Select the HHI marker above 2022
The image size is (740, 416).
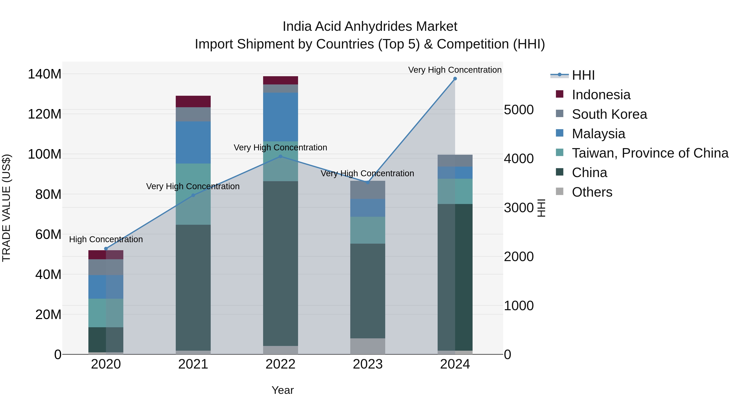pos(281,157)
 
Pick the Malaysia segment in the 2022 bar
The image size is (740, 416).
pos(280,117)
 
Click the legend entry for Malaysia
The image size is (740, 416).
pos(598,134)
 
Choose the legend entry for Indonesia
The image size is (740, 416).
pos(601,95)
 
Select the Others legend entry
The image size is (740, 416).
pos(592,192)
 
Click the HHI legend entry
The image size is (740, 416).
pos(583,75)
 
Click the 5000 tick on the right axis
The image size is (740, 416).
pos(519,110)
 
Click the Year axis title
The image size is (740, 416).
pos(282,390)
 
